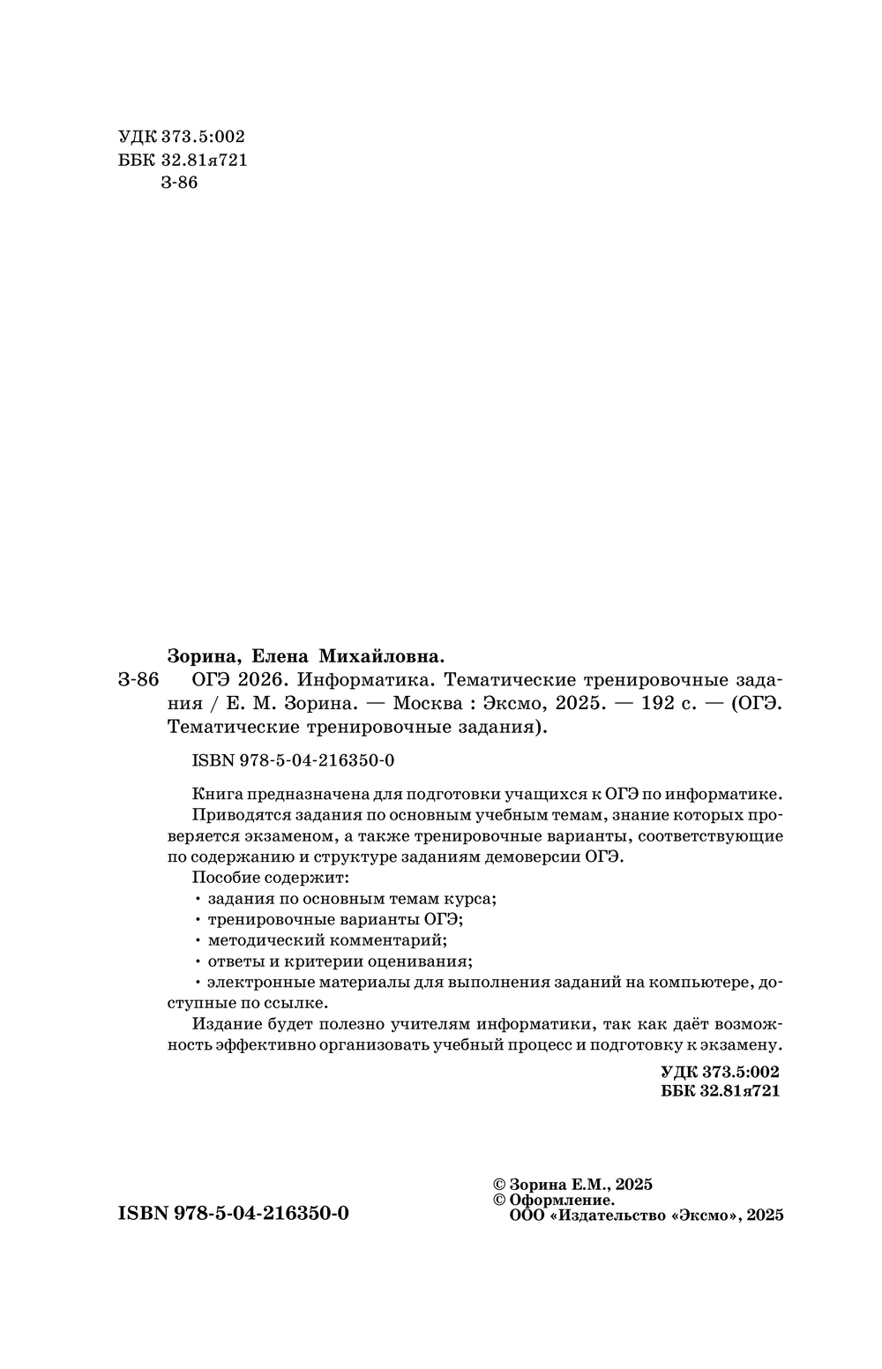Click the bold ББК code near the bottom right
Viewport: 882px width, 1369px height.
[x=719, y=1091]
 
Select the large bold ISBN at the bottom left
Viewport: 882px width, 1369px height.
[x=233, y=1213]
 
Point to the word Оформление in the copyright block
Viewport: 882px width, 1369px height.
[x=562, y=1200]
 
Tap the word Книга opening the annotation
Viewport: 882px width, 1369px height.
[x=213, y=792]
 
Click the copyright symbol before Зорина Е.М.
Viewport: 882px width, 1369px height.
[x=497, y=1185]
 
